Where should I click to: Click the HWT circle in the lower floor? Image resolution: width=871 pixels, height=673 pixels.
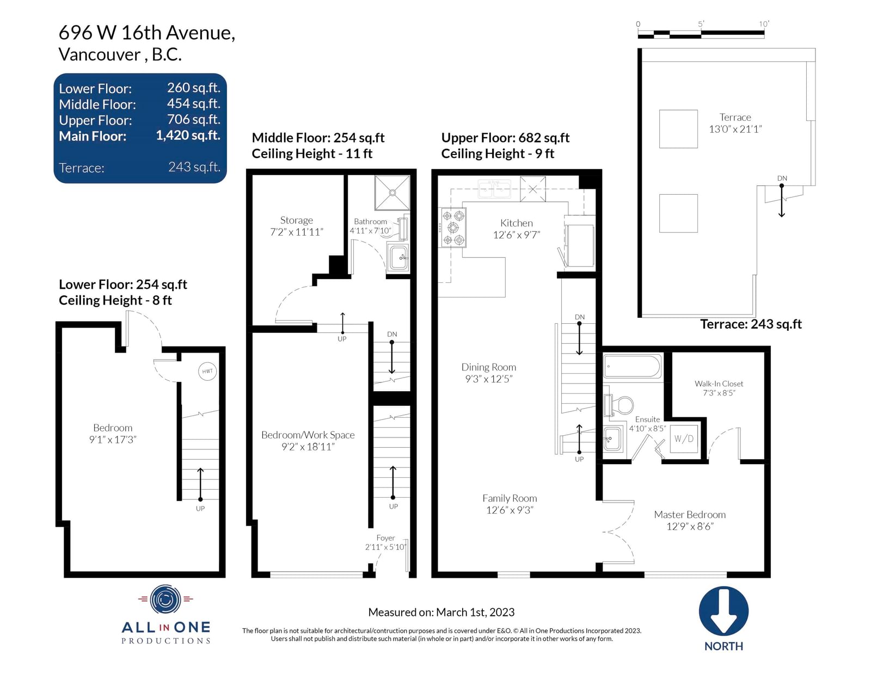tap(207, 372)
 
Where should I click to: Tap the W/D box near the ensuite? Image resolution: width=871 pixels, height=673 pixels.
tap(683, 439)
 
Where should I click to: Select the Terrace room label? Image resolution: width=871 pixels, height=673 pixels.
tap(735, 123)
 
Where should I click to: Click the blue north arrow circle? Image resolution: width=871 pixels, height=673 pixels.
tap(723, 611)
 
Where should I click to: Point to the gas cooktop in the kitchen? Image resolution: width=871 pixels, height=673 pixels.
tap(453, 227)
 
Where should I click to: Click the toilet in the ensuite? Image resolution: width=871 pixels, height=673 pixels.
tap(619, 405)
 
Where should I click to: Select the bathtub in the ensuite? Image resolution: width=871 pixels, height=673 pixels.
tap(632, 366)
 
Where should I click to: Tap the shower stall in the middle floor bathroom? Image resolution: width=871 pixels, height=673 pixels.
tap(392, 193)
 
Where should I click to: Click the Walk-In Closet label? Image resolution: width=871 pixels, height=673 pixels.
tap(719, 388)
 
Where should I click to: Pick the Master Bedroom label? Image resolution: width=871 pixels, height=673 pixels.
tap(689, 520)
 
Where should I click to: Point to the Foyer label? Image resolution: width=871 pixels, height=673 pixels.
tap(385, 542)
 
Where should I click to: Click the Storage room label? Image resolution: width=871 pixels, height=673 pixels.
tap(297, 226)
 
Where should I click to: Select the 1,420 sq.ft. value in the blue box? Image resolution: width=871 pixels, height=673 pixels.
tap(188, 135)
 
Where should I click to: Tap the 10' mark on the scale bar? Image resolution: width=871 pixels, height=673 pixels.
tap(764, 24)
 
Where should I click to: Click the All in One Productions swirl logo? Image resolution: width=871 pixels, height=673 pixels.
tap(165, 600)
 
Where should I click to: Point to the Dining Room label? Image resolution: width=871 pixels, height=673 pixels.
tap(489, 373)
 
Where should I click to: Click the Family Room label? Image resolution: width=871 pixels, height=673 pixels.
tap(510, 504)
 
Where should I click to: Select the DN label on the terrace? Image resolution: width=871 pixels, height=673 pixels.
tap(782, 178)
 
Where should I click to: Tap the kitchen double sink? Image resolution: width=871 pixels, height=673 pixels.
tap(495, 189)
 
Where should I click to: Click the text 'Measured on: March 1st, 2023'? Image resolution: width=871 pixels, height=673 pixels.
tap(441, 612)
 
